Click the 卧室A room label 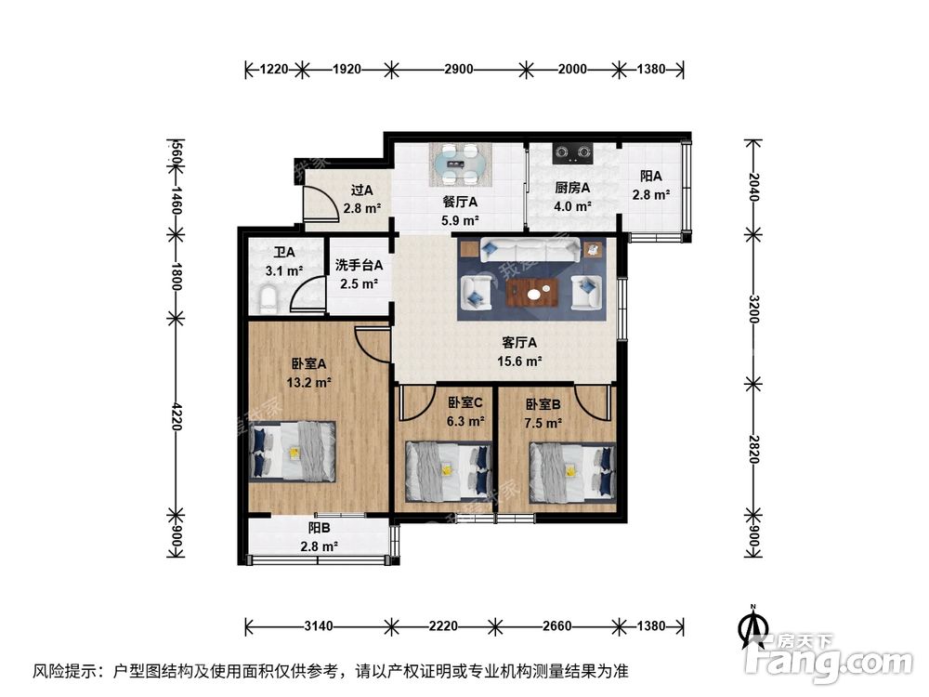(x=307, y=364)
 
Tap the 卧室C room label (x=465, y=403)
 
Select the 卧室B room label (x=543, y=405)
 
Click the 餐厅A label (x=460, y=202)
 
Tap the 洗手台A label (x=358, y=266)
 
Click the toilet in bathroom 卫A (x=268, y=299)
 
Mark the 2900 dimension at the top (x=458, y=69)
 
